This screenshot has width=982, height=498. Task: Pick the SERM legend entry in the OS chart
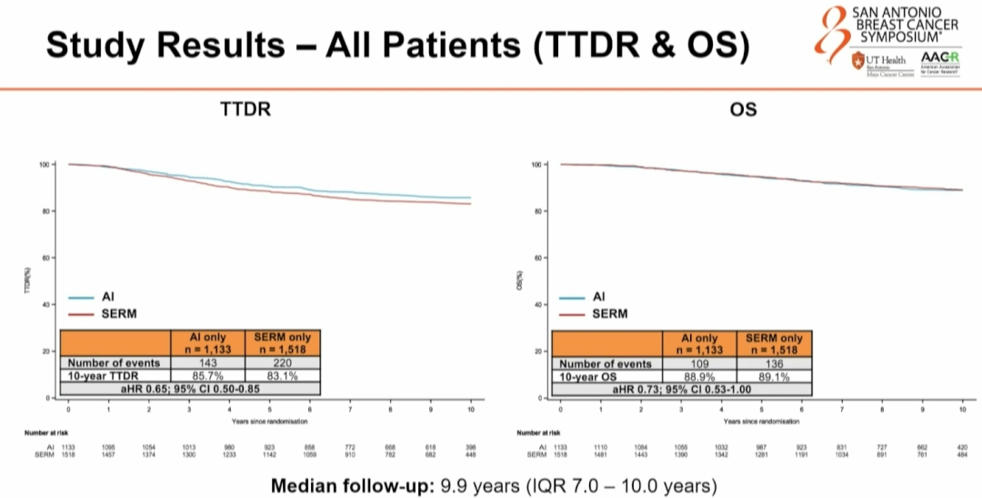pyautogui.click(x=609, y=313)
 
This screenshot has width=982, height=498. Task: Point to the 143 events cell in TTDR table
pyautogui.click(x=208, y=362)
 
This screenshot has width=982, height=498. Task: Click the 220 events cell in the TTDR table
pyautogui.click(x=281, y=362)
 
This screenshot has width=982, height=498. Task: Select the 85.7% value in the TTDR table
pyautogui.click(x=208, y=375)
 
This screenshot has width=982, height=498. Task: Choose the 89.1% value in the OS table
pyautogui.click(x=774, y=375)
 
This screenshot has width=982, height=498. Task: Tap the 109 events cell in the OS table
pyautogui.click(x=701, y=363)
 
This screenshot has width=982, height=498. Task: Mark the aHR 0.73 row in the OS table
pyautogui.click(x=682, y=389)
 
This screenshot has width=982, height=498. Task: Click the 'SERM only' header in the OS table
pyautogui.click(x=774, y=343)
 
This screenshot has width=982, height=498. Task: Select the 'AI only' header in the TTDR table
pyautogui.click(x=208, y=343)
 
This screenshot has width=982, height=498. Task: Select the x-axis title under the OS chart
pyautogui.click(x=761, y=422)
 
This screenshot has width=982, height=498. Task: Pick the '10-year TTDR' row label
pyautogui.click(x=102, y=375)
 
